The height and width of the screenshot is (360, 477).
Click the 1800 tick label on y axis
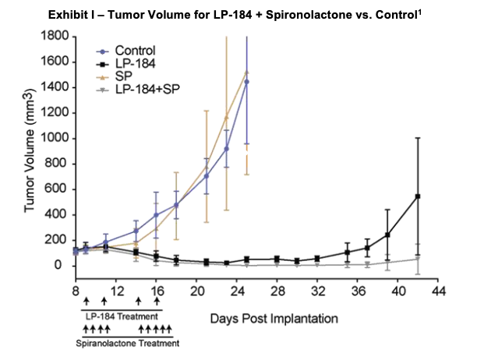coord(54,36)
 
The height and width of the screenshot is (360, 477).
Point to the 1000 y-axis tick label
coord(54,138)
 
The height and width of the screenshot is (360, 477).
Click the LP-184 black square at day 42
coord(418,196)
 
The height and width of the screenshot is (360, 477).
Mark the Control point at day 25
coord(247,81)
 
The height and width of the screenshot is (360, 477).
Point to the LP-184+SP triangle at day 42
coord(418,259)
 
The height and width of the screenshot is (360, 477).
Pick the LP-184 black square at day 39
coord(387,235)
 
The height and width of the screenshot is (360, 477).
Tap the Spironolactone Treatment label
coord(127,343)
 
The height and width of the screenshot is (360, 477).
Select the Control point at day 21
coord(207,176)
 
